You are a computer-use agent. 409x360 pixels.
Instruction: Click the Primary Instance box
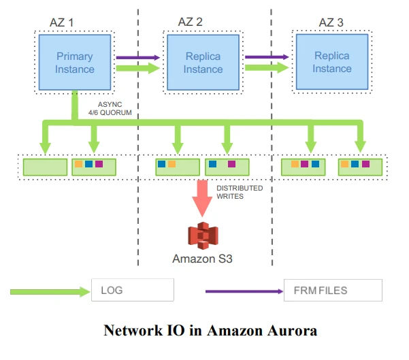click(x=75, y=62)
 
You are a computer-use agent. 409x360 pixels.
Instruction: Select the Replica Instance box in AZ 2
click(x=203, y=62)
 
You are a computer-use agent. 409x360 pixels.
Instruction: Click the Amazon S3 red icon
click(x=202, y=235)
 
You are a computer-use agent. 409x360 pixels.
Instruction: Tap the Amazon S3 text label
click(x=202, y=259)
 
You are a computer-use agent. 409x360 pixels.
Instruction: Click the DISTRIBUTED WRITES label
click(x=240, y=192)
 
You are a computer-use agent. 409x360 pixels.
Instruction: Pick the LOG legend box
click(x=133, y=291)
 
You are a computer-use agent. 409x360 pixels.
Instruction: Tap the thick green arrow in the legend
click(x=50, y=291)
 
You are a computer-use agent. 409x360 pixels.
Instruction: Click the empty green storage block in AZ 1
click(x=45, y=167)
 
